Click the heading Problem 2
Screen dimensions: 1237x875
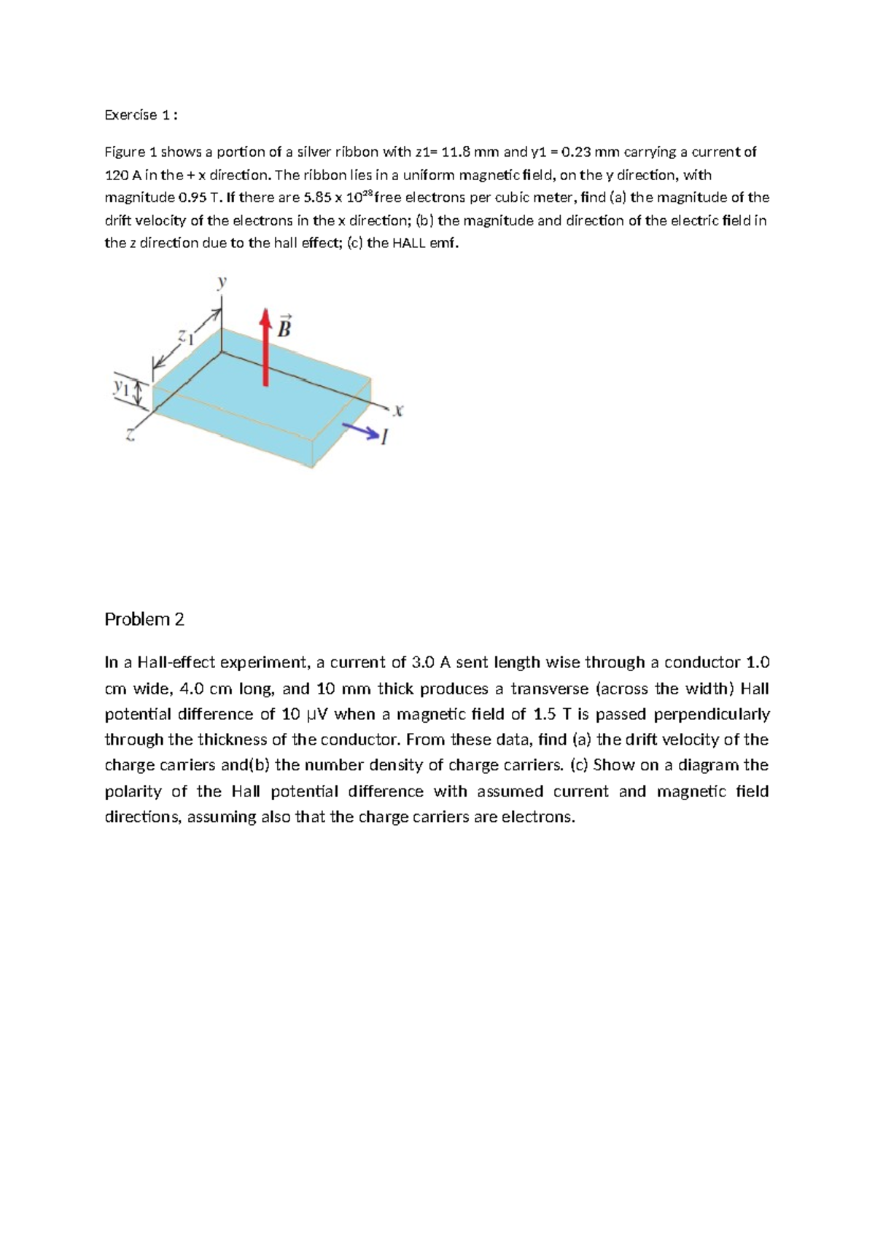click(x=144, y=619)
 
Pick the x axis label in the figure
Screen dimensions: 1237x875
click(x=397, y=411)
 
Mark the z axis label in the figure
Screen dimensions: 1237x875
click(x=130, y=436)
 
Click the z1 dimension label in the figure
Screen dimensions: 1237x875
click(x=187, y=337)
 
